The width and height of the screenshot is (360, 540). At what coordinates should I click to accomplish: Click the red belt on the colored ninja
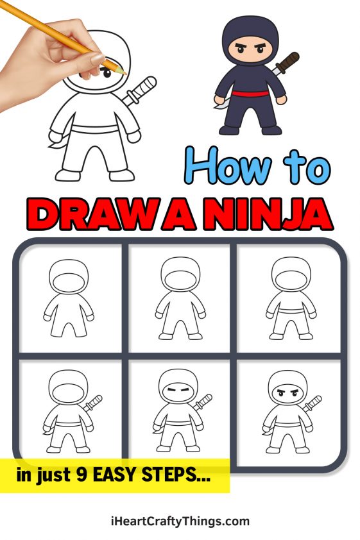[251, 96]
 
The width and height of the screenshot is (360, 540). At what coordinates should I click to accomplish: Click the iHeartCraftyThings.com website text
[180, 521]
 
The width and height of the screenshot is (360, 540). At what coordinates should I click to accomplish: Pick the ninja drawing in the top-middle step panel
[179, 298]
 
